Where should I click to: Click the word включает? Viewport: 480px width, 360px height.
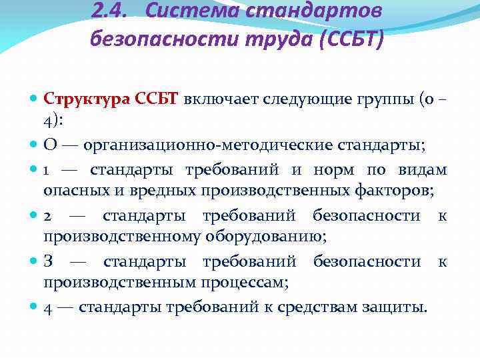(213, 100)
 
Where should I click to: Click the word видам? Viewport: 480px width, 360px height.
(425, 169)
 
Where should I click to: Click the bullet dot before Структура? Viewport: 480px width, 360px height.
(34, 100)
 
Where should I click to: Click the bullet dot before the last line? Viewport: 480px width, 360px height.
(34, 307)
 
